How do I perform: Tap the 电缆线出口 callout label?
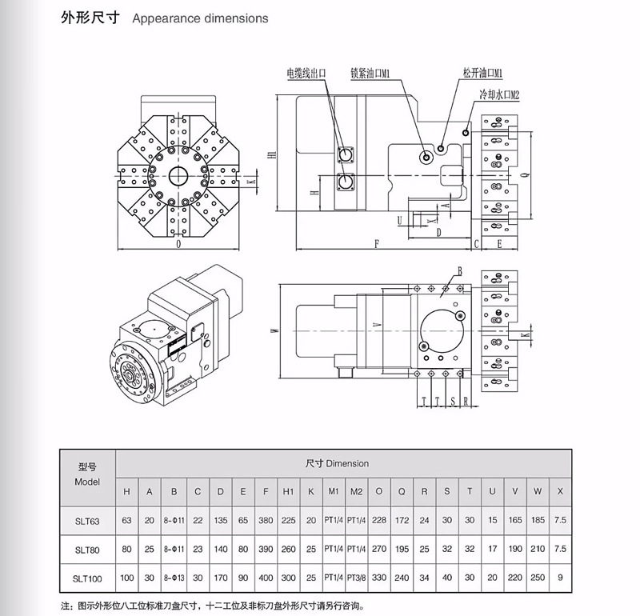[306, 74]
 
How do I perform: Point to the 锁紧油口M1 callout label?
[370, 74]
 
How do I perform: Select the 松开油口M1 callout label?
[482, 73]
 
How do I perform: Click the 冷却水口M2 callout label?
[500, 94]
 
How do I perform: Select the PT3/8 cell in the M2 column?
[356, 577]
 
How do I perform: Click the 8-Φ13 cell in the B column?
[174, 577]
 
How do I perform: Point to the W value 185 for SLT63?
[538, 521]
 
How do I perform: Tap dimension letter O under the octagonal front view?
[178, 246]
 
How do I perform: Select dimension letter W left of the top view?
[274, 330]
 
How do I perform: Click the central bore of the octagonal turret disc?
[178, 175]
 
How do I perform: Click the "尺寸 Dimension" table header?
[337, 462]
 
